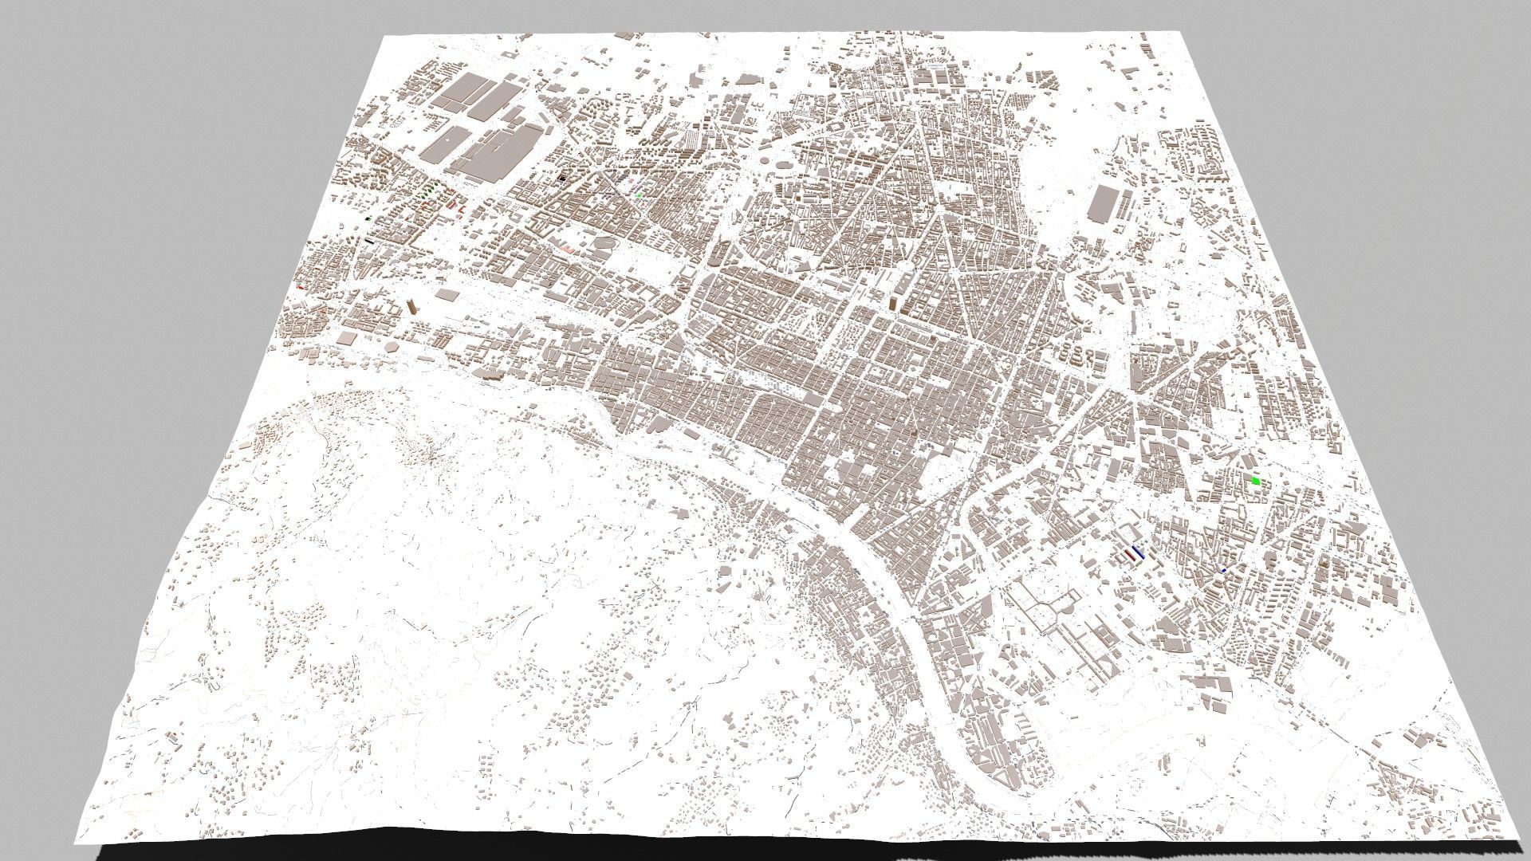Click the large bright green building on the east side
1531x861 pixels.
click(1256, 481)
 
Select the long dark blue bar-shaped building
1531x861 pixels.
click(1140, 552)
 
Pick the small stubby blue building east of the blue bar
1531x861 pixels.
click(1224, 571)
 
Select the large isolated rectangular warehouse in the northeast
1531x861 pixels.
click(1101, 205)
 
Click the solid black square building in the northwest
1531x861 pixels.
click(563, 179)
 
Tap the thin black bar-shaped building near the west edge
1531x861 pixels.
click(369, 240)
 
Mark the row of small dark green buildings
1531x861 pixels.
click(431, 191)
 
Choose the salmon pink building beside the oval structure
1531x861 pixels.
click(568, 250)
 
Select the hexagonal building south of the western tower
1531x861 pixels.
click(393, 347)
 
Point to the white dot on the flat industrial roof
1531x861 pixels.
click(451, 140)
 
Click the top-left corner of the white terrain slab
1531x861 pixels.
click(383, 37)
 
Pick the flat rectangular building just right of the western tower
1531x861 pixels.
click(447, 297)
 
